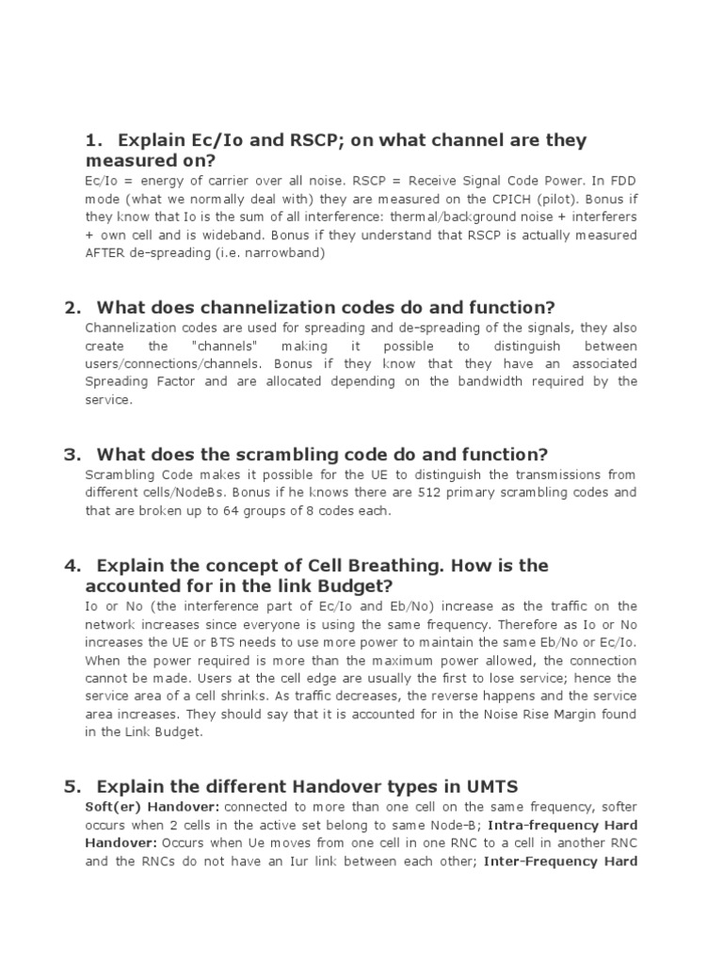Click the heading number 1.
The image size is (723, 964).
(x=92, y=141)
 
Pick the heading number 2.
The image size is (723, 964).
(x=72, y=308)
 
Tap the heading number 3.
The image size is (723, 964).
(x=72, y=455)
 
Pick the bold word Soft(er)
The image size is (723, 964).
(x=111, y=807)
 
